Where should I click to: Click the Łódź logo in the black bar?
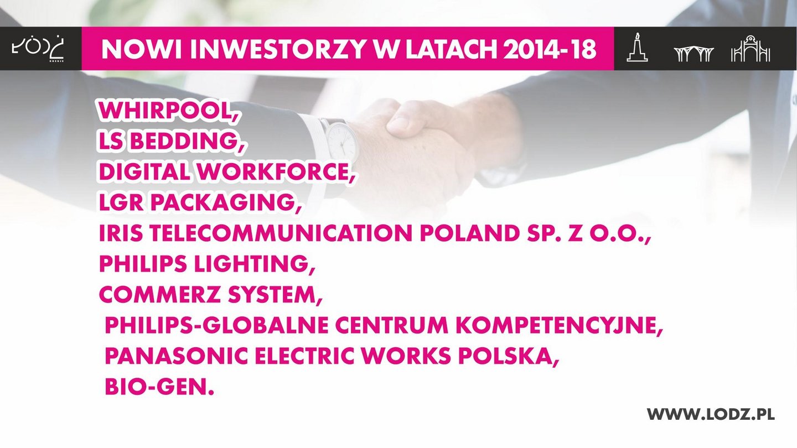pos(38,49)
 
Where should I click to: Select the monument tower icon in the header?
pos(637,48)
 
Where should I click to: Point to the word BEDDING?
pos(188,141)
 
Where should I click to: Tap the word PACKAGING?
pos(226,202)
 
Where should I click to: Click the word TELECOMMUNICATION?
pos(281,233)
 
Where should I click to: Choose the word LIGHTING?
pos(254,264)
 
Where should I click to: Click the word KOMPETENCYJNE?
pos(560,325)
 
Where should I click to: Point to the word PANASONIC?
pos(177,356)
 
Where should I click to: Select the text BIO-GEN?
pos(160,387)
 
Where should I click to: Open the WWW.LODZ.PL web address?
pos(711,414)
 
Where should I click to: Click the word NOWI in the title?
pos(142,49)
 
